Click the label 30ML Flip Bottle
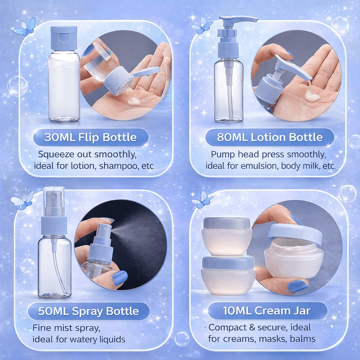pos(91,137)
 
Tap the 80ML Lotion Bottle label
pos(270,137)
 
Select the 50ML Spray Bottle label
pos(88,311)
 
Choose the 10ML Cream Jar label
pos(267,311)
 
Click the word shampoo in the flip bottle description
pos(119,166)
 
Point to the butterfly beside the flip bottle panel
pos(25,27)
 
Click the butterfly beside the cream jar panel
pos(202,200)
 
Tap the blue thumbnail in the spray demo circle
pos(120,278)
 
